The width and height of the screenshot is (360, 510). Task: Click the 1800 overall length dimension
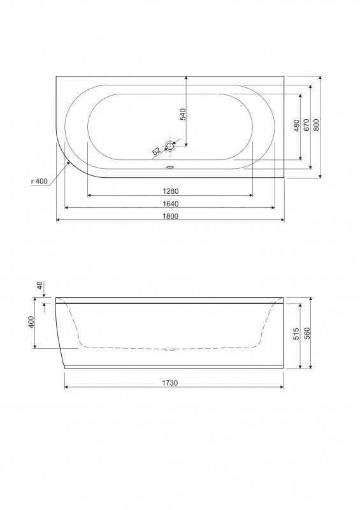[170, 216]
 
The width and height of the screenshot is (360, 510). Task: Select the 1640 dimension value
[170, 204]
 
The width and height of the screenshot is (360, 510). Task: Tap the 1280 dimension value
[170, 191]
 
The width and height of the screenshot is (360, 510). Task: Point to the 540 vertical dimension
[183, 115]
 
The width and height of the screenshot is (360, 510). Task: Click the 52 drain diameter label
[156, 151]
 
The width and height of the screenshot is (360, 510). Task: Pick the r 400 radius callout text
[40, 181]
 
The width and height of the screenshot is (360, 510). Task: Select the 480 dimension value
[296, 126]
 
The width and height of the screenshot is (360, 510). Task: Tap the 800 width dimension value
[317, 125]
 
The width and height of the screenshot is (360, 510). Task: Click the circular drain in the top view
[170, 147]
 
